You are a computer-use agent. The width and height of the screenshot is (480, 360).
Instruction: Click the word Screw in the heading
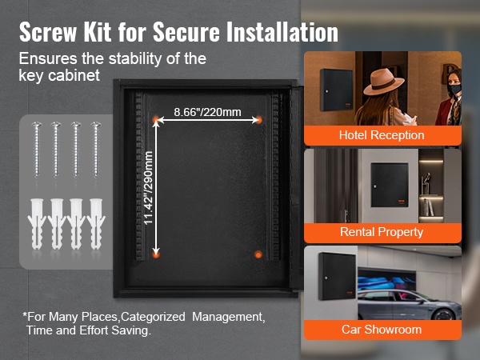tap(48, 32)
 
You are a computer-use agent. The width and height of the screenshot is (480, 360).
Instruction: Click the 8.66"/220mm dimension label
tap(207, 112)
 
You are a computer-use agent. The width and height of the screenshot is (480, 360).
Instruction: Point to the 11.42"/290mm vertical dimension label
tap(148, 188)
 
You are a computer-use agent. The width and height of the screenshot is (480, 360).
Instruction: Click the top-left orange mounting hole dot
tap(156, 119)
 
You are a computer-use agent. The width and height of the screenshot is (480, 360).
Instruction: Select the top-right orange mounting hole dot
tap(258, 119)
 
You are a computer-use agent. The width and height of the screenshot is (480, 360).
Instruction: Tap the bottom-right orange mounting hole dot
tap(258, 254)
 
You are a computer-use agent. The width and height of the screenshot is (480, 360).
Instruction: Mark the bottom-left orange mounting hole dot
tap(156, 254)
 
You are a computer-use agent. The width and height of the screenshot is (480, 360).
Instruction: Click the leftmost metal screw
tap(37, 150)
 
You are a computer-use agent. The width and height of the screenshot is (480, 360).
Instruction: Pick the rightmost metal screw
tap(96, 150)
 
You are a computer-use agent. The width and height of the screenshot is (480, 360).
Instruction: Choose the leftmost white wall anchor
tap(37, 224)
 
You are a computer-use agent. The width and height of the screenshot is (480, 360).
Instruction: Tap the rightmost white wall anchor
tap(96, 224)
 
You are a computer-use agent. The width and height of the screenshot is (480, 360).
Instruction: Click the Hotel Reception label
tap(382, 135)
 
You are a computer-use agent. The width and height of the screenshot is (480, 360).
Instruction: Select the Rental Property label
tap(382, 232)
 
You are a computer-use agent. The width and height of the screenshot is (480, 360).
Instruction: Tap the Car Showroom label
tap(382, 330)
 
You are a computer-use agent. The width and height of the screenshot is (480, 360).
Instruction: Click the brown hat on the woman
tap(383, 82)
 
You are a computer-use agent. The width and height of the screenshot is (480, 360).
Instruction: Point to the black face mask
tap(454, 90)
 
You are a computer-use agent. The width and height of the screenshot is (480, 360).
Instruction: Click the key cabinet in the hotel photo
tap(336, 90)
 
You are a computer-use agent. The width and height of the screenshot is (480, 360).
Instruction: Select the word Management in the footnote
tap(228, 317)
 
